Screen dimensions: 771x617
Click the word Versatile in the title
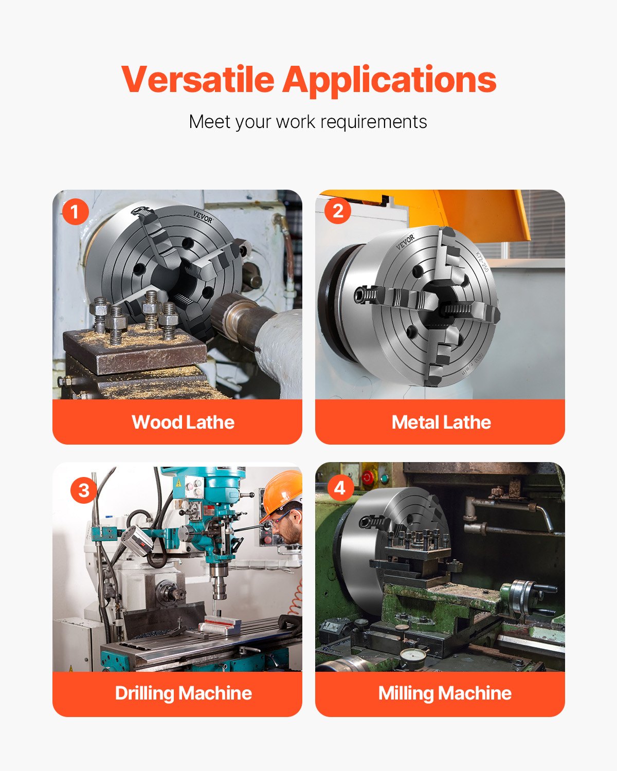click(198, 80)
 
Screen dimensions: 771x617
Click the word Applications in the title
click(389, 80)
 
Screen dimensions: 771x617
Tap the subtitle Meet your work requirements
click(308, 122)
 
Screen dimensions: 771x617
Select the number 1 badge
click(75, 212)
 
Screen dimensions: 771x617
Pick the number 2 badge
click(338, 211)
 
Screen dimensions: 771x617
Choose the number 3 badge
click(83, 490)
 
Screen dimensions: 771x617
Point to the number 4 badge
click(340, 487)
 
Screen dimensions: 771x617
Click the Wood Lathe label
click(183, 422)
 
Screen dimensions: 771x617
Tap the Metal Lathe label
click(441, 422)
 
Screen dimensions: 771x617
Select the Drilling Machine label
click(183, 693)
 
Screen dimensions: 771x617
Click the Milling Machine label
click(445, 693)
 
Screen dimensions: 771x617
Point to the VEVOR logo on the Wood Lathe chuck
click(203, 217)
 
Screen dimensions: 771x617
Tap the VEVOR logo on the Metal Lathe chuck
click(405, 242)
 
